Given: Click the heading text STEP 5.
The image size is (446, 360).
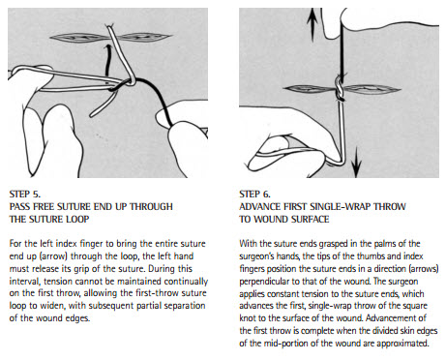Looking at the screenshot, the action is pos(25,195).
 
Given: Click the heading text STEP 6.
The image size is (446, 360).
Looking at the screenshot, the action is pos(254,195).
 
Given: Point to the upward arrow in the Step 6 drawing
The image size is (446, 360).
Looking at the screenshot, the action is pos(312,26).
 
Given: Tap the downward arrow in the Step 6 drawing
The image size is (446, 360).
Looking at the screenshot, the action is pos(356,162).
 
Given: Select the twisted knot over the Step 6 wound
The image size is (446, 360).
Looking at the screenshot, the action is pos(340,88).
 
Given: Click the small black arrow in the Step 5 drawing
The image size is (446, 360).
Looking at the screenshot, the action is pos(107,65).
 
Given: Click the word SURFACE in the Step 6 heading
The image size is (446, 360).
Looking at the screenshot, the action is pos(310,220).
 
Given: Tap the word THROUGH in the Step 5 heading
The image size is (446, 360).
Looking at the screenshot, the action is pos(151,207).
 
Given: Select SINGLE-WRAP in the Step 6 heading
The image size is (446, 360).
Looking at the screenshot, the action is pos(340,207).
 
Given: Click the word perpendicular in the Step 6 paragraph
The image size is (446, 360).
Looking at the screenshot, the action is pos(264,282).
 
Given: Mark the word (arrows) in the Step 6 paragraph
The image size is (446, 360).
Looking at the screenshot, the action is pos(422,269).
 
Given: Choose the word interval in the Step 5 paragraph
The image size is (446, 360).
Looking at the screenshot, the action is pos(25,282).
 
